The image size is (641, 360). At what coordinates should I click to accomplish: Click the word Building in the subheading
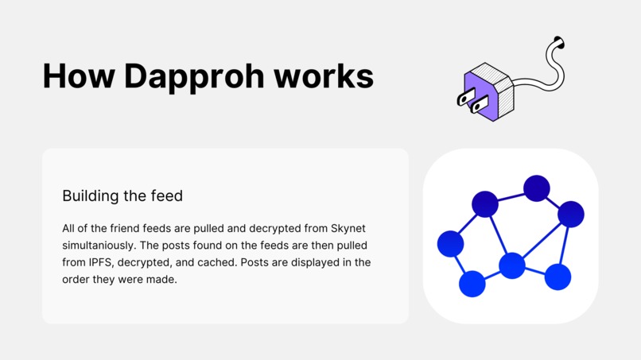[x=87, y=195]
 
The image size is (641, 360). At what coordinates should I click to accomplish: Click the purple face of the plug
[x=480, y=94]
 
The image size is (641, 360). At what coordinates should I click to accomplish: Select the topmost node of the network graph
[x=537, y=188]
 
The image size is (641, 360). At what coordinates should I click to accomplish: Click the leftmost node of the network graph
[x=451, y=243]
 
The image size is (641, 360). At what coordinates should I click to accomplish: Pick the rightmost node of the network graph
[x=571, y=214]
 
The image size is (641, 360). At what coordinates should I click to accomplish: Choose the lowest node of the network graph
[x=472, y=284]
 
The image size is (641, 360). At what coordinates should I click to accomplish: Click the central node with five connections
[x=512, y=265]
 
